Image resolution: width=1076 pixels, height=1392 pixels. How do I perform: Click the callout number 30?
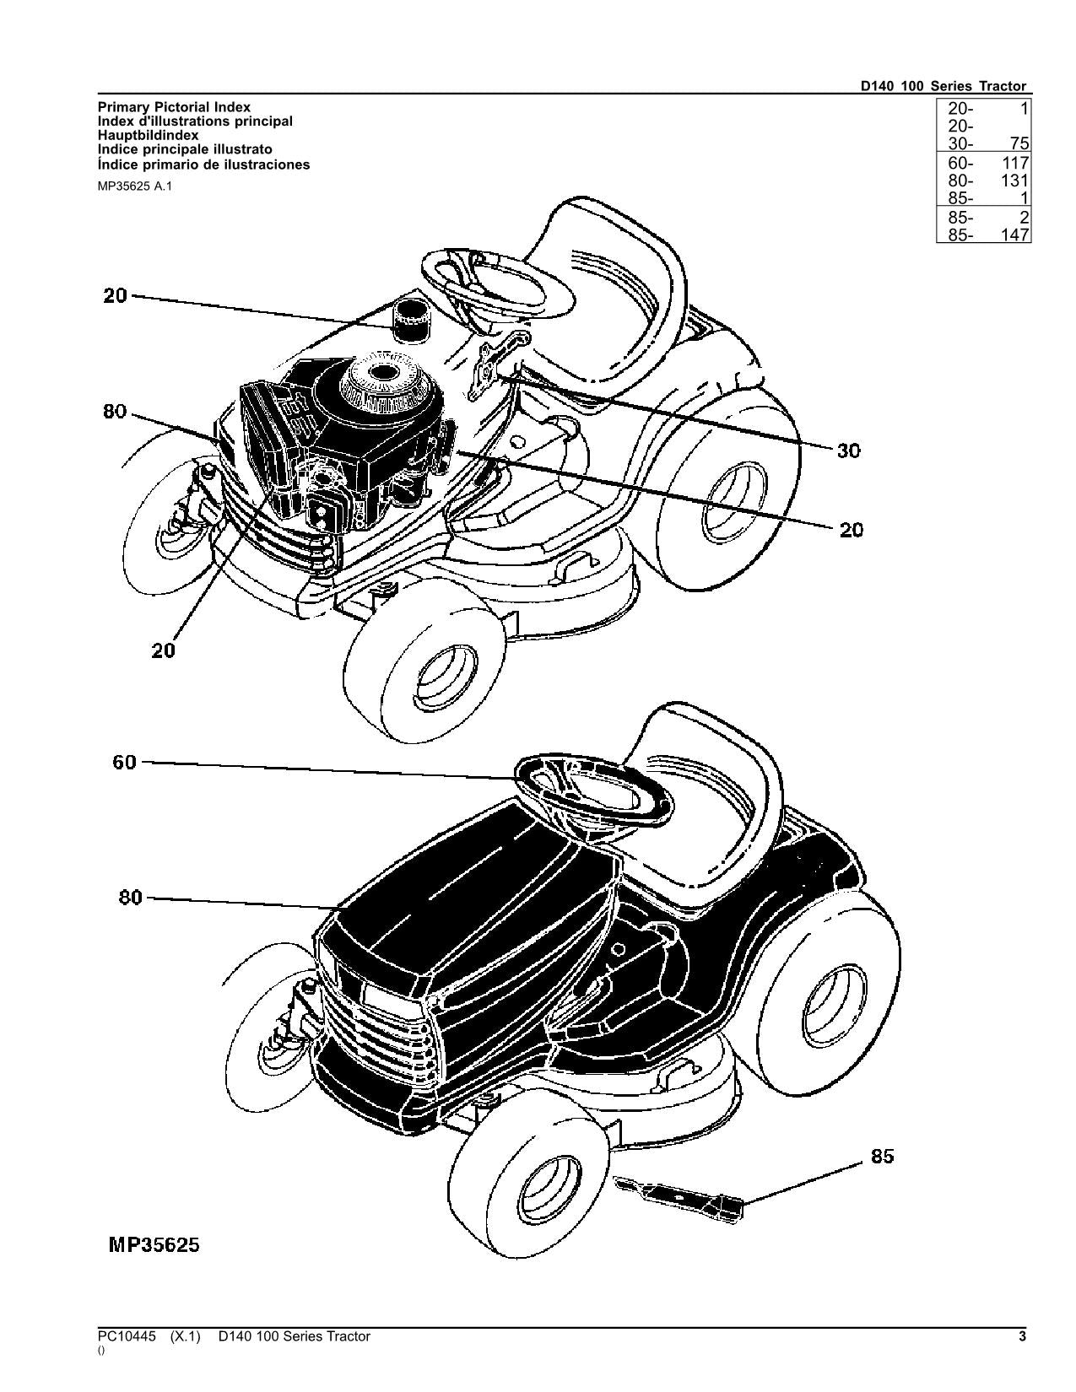click(848, 451)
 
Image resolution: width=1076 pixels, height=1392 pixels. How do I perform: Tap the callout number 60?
click(124, 763)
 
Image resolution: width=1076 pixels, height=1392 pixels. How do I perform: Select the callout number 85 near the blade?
click(881, 1157)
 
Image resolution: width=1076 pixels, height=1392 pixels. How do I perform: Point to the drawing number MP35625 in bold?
click(154, 1245)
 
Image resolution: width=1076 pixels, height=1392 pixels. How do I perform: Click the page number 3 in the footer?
click(1022, 1336)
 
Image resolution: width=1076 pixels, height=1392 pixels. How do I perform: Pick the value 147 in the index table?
click(1015, 235)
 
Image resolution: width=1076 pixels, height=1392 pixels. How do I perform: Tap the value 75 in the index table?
click(1019, 144)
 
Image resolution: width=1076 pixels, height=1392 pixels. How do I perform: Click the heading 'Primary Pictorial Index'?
click(174, 107)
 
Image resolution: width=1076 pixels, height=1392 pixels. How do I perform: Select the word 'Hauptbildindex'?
click(149, 135)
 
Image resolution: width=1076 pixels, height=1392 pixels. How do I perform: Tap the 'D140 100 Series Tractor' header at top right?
click(943, 86)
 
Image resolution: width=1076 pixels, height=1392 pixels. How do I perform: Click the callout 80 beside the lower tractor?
click(130, 898)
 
